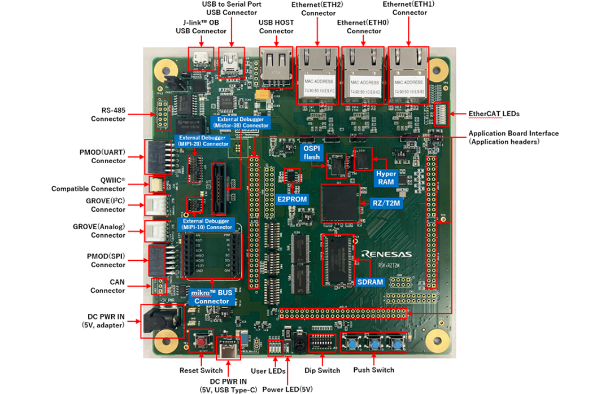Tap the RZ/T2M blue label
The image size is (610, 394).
(x=386, y=204)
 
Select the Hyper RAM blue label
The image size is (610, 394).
(x=386, y=178)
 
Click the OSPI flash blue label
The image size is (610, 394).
(x=312, y=152)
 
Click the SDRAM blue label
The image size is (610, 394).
(x=371, y=282)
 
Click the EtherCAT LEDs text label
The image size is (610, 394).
(x=495, y=113)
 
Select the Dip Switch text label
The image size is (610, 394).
(x=322, y=370)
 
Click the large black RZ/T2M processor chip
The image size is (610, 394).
(x=340, y=203)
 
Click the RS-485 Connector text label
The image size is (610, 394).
(x=108, y=115)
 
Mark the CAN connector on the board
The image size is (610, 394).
(x=158, y=286)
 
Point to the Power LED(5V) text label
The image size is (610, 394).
(x=288, y=389)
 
